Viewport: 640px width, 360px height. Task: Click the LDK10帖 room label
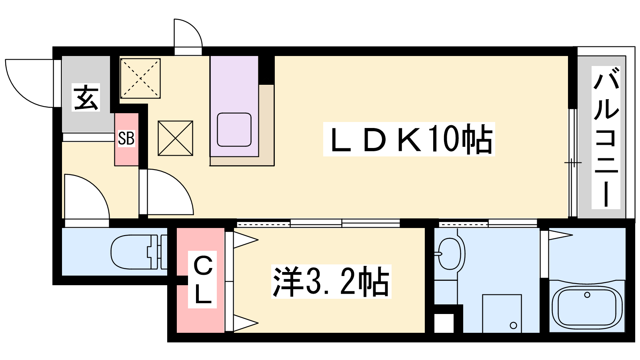click(409, 139)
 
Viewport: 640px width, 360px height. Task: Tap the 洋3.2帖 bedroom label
click(331, 282)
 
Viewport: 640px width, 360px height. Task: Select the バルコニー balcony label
click(606, 138)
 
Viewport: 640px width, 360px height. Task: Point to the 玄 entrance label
click(86, 98)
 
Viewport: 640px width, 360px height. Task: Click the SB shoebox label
click(126, 138)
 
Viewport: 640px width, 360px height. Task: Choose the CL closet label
click(202, 280)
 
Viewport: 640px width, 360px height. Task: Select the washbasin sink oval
click(450, 254)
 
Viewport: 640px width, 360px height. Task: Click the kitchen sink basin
click(234, 130)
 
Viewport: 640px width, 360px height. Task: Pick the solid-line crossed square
click(176, 138)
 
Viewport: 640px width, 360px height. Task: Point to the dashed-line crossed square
click(140, 78)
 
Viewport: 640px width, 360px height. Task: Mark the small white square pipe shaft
click(444, 323)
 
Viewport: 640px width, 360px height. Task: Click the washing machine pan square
click(502, 314)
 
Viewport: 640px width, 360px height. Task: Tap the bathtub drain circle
click(587, 295)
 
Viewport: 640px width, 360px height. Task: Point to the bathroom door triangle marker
click(560, 235)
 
